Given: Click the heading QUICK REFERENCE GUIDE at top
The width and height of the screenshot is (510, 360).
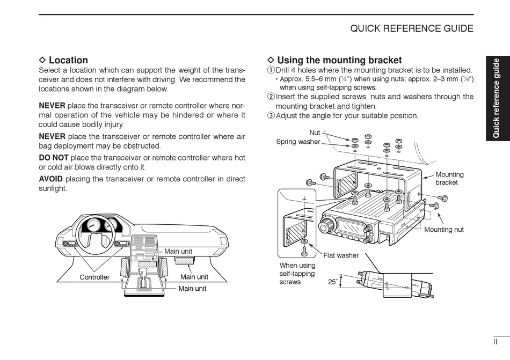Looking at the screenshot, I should click(412, 28).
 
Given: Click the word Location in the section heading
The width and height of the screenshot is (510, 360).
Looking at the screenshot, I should click(68, 60).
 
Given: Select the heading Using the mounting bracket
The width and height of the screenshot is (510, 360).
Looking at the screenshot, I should click(339, 60).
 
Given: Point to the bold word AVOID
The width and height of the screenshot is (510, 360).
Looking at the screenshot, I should click(51, 179).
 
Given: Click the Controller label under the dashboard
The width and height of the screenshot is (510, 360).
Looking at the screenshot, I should click(94, 277).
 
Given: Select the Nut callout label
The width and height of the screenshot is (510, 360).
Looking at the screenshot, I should click(315, 133).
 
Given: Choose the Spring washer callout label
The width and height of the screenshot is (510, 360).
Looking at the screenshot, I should click(298, 142).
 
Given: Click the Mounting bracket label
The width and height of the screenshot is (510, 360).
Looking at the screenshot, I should click(449, 178).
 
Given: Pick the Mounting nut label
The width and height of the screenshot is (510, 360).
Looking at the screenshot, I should click(444, 230).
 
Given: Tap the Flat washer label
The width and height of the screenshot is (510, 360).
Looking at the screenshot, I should click(341, 255).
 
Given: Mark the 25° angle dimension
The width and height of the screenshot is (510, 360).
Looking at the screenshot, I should click(333, 281).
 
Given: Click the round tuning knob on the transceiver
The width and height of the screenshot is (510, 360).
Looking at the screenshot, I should click(325, 226).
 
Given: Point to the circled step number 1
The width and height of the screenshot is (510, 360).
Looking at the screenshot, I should click(271, 70).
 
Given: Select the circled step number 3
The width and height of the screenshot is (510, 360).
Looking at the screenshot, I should click(271, 115).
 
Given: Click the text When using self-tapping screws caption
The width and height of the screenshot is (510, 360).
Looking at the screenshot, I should click(297, 273).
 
